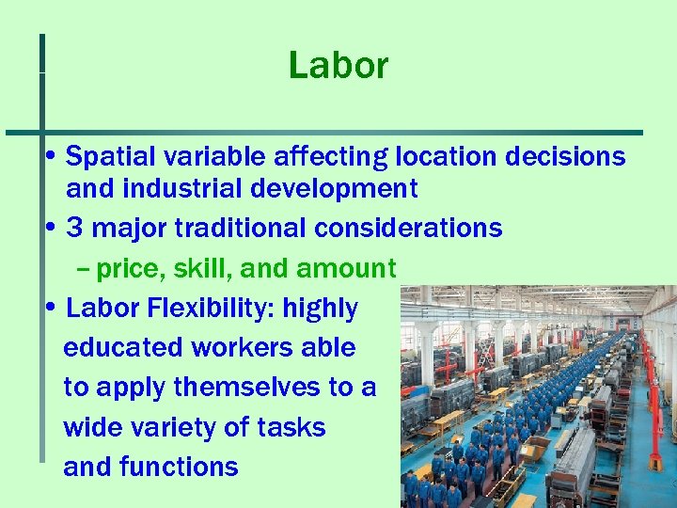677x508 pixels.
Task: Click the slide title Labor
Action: (338, 66)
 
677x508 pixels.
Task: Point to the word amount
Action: (346, 269)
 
